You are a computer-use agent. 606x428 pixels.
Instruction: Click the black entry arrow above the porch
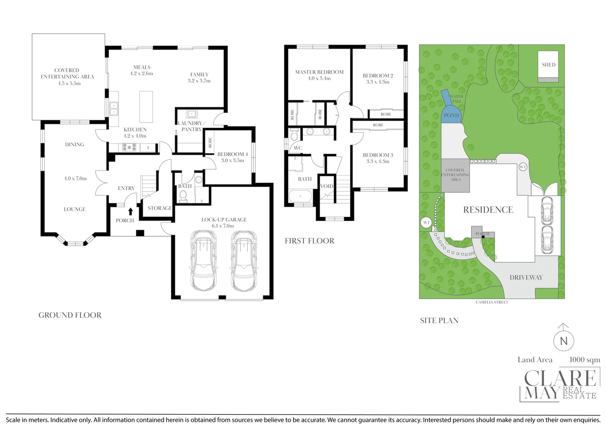click(x=130, y=211)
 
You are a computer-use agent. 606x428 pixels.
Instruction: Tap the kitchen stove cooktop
click(x=129, y=147)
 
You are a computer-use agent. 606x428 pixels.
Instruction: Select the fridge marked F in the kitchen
click(x=148, y=148)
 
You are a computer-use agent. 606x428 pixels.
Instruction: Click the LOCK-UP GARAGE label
click(x=224, y=220)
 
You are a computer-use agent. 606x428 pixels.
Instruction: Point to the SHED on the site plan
click(x=548, y=67)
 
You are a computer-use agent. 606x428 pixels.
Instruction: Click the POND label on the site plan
click(x=451, y=115)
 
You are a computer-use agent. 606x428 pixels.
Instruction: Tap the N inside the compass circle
click(x=564, y=341)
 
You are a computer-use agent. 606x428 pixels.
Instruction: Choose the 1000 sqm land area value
click(x=585, y=360)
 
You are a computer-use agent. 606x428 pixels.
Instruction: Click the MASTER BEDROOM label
click(x=319, y=72)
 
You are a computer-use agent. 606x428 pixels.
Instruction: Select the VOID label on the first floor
click(x=326, y=186)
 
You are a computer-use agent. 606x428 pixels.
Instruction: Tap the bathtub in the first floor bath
click(x=300, y=196)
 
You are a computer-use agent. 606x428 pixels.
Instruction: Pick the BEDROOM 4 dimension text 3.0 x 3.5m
click(x=232, y=160)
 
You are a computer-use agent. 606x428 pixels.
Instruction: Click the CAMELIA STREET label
click(x=492, y=302)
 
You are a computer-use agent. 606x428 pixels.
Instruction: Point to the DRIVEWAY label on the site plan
click(x=526, y=277)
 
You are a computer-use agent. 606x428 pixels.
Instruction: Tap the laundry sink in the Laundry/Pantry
click(x=192, y=114)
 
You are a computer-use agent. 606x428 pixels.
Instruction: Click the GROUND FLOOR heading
click(x=70, y=315)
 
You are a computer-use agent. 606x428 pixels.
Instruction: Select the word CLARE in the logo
click(x=560, y=378)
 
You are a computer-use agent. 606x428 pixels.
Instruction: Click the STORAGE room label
click(x=159, y=208)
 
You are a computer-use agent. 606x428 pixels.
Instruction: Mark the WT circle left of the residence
click(x=427, y=223)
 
